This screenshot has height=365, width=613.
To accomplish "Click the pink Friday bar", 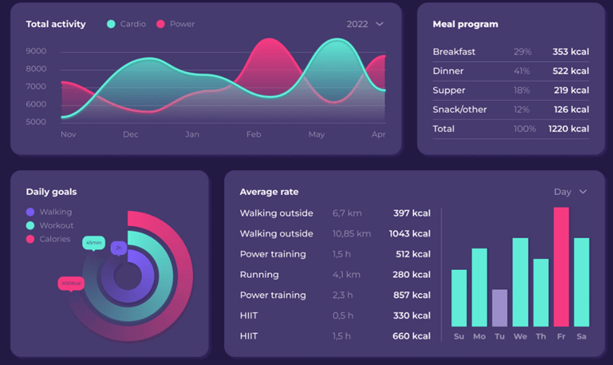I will [x=561, y=267].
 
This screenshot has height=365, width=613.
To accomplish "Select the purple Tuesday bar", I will [x=500, y=307].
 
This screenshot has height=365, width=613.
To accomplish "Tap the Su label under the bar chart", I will [x=459, y=337].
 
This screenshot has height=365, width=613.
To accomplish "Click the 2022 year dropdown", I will [x=365, y=24].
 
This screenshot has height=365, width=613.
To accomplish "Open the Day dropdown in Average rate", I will [x=570, y=192].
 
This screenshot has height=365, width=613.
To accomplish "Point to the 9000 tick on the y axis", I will [x=36, y=51].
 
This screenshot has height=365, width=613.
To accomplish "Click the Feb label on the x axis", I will [x=254, y=134].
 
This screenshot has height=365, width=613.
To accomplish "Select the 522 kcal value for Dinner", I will [x=571, y=71].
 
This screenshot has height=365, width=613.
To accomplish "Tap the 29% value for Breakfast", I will [x=523, y=52].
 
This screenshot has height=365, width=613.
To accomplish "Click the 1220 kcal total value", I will [x=568, y=129].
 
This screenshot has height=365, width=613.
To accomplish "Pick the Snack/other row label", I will [x=460, y=109].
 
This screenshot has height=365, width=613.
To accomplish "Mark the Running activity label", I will [x=259, y=275].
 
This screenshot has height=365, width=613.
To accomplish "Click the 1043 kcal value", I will [x=410, y=234].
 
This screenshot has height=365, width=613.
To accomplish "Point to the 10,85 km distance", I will [x=351, y=234].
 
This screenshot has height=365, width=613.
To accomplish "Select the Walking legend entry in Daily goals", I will [x=49, y=212].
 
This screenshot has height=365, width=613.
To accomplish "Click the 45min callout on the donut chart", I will [x=93, y=243].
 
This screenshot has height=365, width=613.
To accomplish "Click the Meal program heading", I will [x=465, y=24].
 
